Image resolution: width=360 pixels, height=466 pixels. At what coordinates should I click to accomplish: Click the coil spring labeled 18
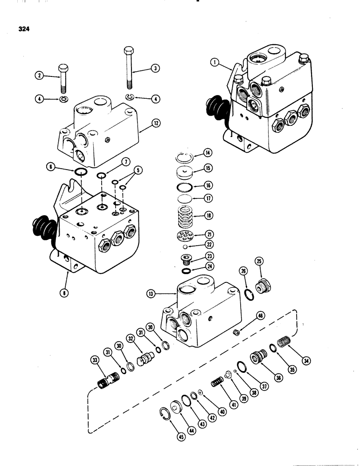[x=186, y=217]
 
